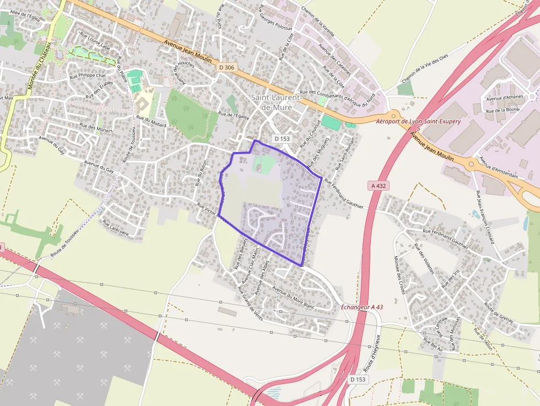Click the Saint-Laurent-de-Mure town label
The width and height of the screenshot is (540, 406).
(x=277, y=102)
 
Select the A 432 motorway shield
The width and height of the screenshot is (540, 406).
(x=378, y=186)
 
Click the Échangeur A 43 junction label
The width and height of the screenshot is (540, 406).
(x=362, y=307)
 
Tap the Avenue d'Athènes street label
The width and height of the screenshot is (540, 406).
(x=503, y=97)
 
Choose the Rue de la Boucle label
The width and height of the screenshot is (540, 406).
(x=503, y=110)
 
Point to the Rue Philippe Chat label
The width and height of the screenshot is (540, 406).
(x=87, y=75)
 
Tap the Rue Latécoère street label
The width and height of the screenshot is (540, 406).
(x=115, y=229)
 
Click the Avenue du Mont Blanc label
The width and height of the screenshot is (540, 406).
(x=293, y=298)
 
